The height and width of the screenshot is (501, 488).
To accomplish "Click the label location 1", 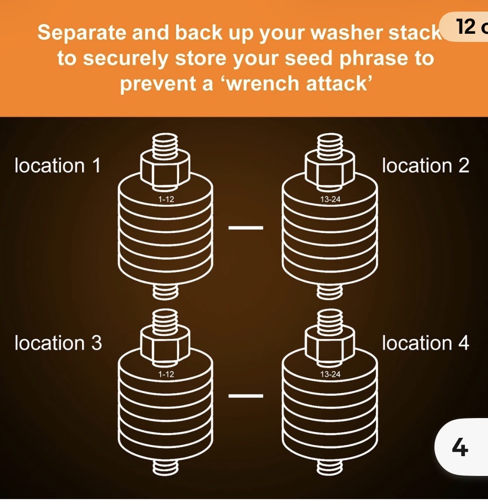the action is click(57, 166).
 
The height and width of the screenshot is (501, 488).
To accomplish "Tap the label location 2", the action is click(426, 166).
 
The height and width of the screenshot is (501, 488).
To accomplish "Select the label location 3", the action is click(58, 343).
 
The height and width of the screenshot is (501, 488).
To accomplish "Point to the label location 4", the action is click(426, 343).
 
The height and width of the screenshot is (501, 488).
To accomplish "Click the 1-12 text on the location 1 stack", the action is click(166, 199).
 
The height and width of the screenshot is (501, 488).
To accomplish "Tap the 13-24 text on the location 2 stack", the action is click(330, 199).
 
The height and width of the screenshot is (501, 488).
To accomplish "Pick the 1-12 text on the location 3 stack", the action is click(166, 374).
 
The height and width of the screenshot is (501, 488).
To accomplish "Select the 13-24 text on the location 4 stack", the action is click(330, 374).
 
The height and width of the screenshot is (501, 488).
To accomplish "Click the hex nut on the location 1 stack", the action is click(165, 170).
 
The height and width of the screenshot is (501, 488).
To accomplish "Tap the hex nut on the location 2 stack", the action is click(330, 170).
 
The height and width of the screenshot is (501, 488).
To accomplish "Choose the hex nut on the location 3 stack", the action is click(165, 345).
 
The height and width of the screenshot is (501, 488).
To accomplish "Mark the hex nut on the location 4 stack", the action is click(330, 345).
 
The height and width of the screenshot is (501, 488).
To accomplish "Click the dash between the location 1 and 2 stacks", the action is click(246, 228).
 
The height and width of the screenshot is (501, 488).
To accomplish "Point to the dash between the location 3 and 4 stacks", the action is click(246, 396).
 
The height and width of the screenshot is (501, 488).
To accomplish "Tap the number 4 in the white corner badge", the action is click(460, 447).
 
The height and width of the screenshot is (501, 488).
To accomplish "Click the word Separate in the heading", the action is click(82, 33).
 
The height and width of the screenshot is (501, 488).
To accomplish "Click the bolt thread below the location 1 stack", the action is click(165, 291).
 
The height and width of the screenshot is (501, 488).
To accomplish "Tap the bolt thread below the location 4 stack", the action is click(330, 466).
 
